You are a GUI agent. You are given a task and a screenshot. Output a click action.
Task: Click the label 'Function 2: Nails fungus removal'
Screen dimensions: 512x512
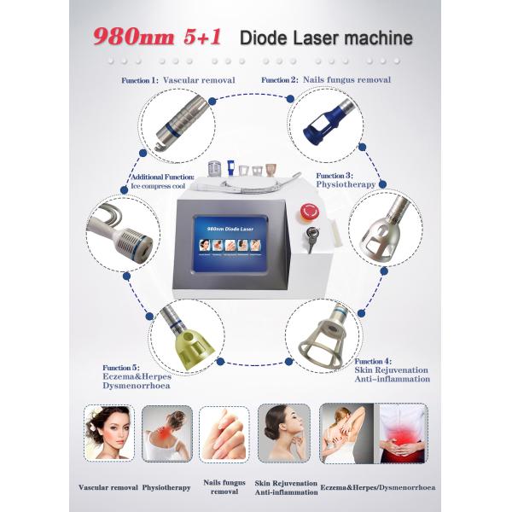pos(326,79)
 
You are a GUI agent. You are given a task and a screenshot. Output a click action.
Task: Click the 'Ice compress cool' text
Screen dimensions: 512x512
pos(161,184)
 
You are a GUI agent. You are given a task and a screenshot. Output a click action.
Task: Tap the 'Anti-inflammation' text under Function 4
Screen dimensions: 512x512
pos(392,379)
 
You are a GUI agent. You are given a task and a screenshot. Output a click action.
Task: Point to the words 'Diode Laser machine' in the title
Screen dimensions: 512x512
pos(326,38)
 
